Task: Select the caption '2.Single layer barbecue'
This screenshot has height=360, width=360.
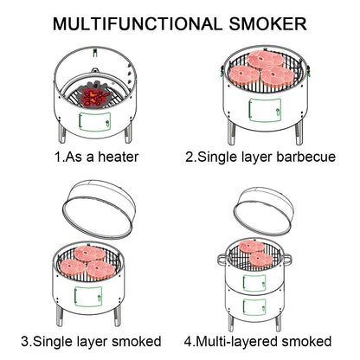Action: click(x=260, y=157)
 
